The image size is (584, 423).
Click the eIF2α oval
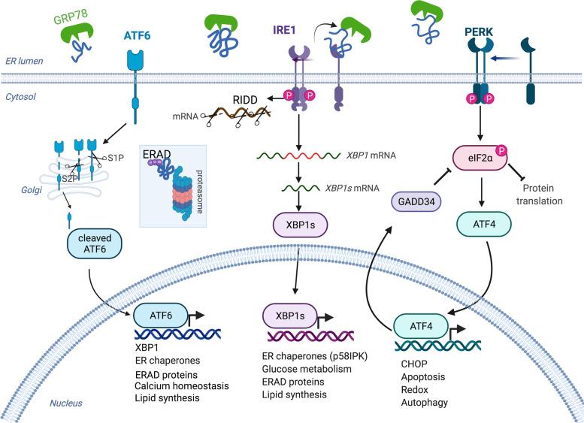482,160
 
